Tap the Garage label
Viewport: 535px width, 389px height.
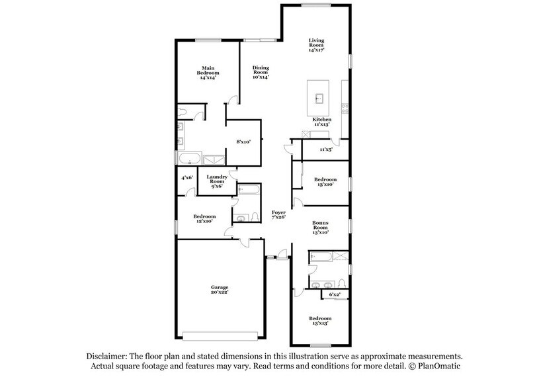click(220, 290)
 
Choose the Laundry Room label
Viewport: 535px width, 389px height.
click(218, 181)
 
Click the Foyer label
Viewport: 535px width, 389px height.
click(279, 215)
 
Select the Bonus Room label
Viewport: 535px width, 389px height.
click(321, 228)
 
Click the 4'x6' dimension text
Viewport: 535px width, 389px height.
click(188, 177)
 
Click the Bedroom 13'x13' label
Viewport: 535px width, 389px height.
click(321, 322)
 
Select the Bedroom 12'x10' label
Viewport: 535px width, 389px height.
click(204, 219)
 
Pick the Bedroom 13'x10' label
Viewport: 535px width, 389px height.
click(325, 182)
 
